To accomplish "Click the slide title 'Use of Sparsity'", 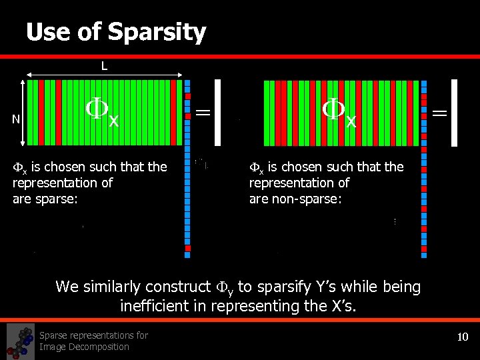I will pos(116,32).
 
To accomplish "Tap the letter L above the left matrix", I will pos(104,65).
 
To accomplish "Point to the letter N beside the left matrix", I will pos(16,119).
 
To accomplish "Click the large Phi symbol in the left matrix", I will pos(98,109).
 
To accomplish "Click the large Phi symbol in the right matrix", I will pos(335,109).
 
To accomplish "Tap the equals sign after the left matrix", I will pos(202,114).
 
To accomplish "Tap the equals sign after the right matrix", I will pos(439,114).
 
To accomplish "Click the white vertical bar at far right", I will pos(455,113).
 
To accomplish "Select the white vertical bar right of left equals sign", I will pos(217,113).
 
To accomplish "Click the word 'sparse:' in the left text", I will pos(55,199).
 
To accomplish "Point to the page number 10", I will pos(463,337).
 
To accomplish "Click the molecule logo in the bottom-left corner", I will pos(20,341).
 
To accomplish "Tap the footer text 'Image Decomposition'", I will pos(84,347).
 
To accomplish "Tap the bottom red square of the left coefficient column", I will pos(187,252).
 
